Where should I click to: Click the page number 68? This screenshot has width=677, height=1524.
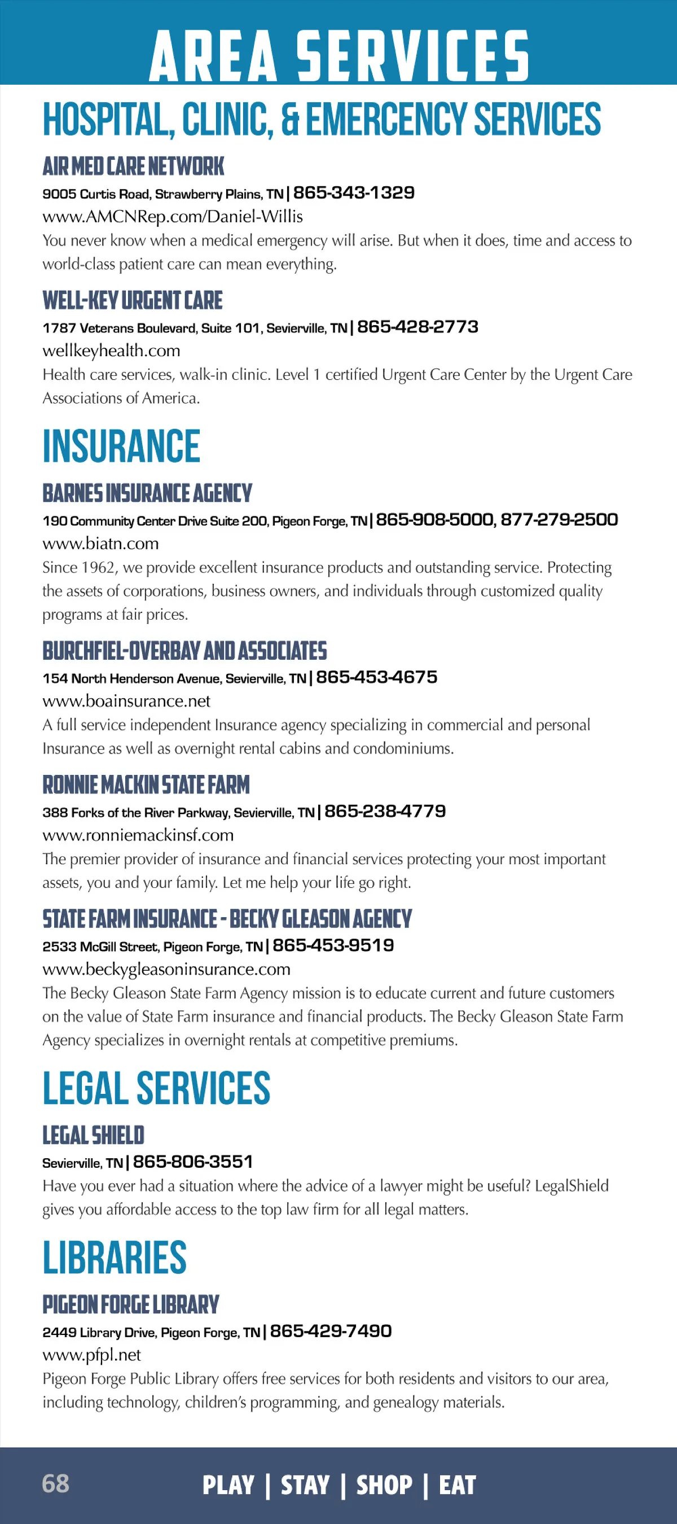point(56,1484)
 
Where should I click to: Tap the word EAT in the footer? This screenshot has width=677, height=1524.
point(457,1485)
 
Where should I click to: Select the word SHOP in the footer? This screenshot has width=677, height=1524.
point(384,1485)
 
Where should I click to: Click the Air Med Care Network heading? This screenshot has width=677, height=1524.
point(133,167)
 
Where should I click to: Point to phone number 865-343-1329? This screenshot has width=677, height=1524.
point(354,193)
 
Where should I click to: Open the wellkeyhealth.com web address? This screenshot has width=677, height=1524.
point(111,351)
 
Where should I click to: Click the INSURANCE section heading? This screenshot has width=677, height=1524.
point(121,446)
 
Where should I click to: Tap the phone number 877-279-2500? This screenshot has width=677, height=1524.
point(559,520)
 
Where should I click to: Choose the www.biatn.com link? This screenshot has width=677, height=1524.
point(100,544)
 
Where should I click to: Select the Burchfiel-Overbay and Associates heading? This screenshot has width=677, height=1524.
point(184,651)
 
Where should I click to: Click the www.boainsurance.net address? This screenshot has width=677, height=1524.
point(126,702)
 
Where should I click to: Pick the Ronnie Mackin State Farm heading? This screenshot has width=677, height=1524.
point(146,785)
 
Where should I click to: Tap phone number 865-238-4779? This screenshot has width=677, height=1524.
point(385,812)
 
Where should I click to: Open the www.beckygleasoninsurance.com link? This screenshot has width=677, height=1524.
point(166,970)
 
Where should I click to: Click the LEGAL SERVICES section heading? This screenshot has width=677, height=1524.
point(156,1089)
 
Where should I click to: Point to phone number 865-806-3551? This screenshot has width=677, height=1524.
point(193,1162)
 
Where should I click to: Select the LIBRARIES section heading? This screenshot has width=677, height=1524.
point(115,1258)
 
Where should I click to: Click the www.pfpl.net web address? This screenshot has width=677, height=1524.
point(91,1355)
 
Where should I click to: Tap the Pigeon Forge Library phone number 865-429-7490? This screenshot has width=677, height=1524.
point(331,1332)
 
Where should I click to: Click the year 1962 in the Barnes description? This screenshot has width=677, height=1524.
point(98,568)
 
